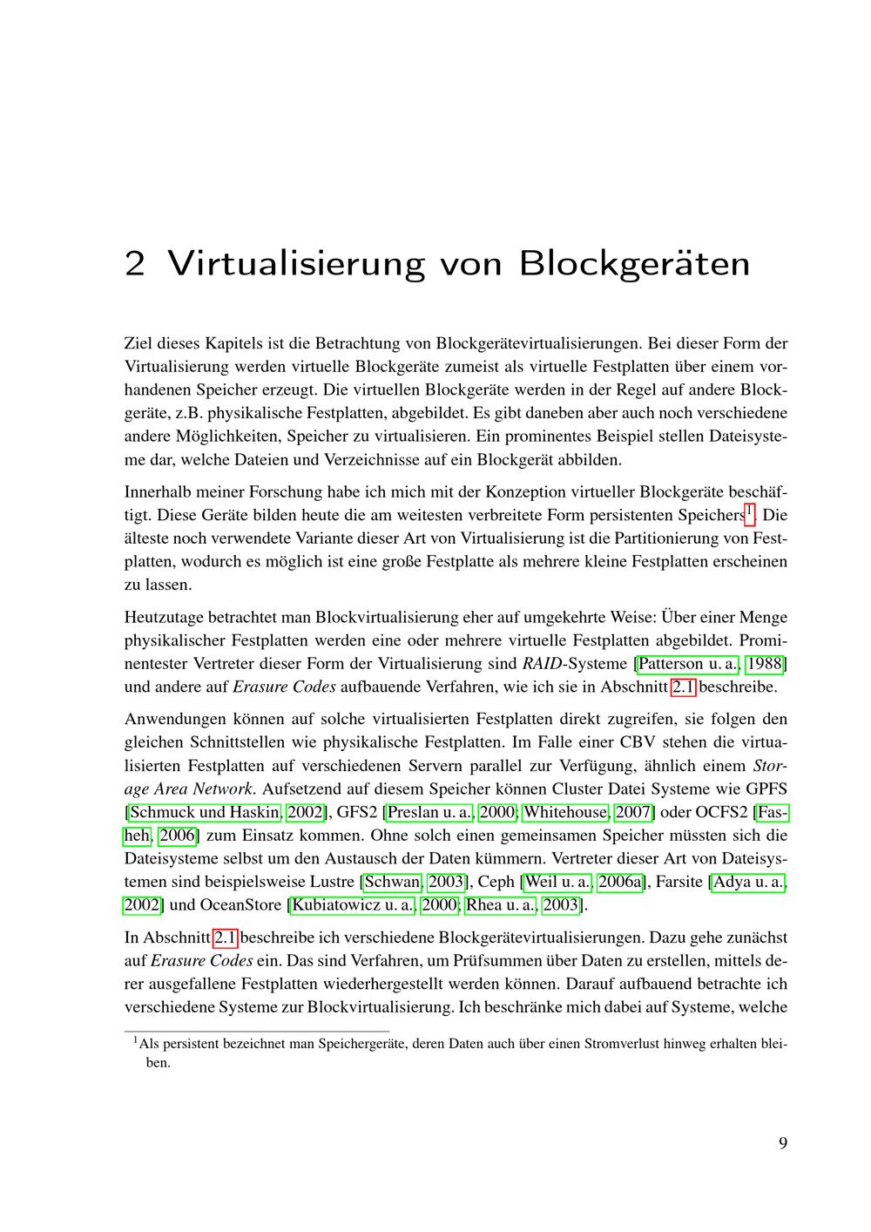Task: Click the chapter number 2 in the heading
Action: (134, 263)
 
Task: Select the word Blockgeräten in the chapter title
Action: (634, 263)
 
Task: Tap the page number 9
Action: (782, 1143)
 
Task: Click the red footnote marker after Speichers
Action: (749, 512)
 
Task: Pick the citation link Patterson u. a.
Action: (689, 664)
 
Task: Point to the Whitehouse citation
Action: (565, 812)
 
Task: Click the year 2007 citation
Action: (634, 812)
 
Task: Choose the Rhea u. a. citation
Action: (501, 904)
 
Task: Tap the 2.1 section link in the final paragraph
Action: (226, 938)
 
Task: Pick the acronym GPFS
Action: (766, 789)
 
